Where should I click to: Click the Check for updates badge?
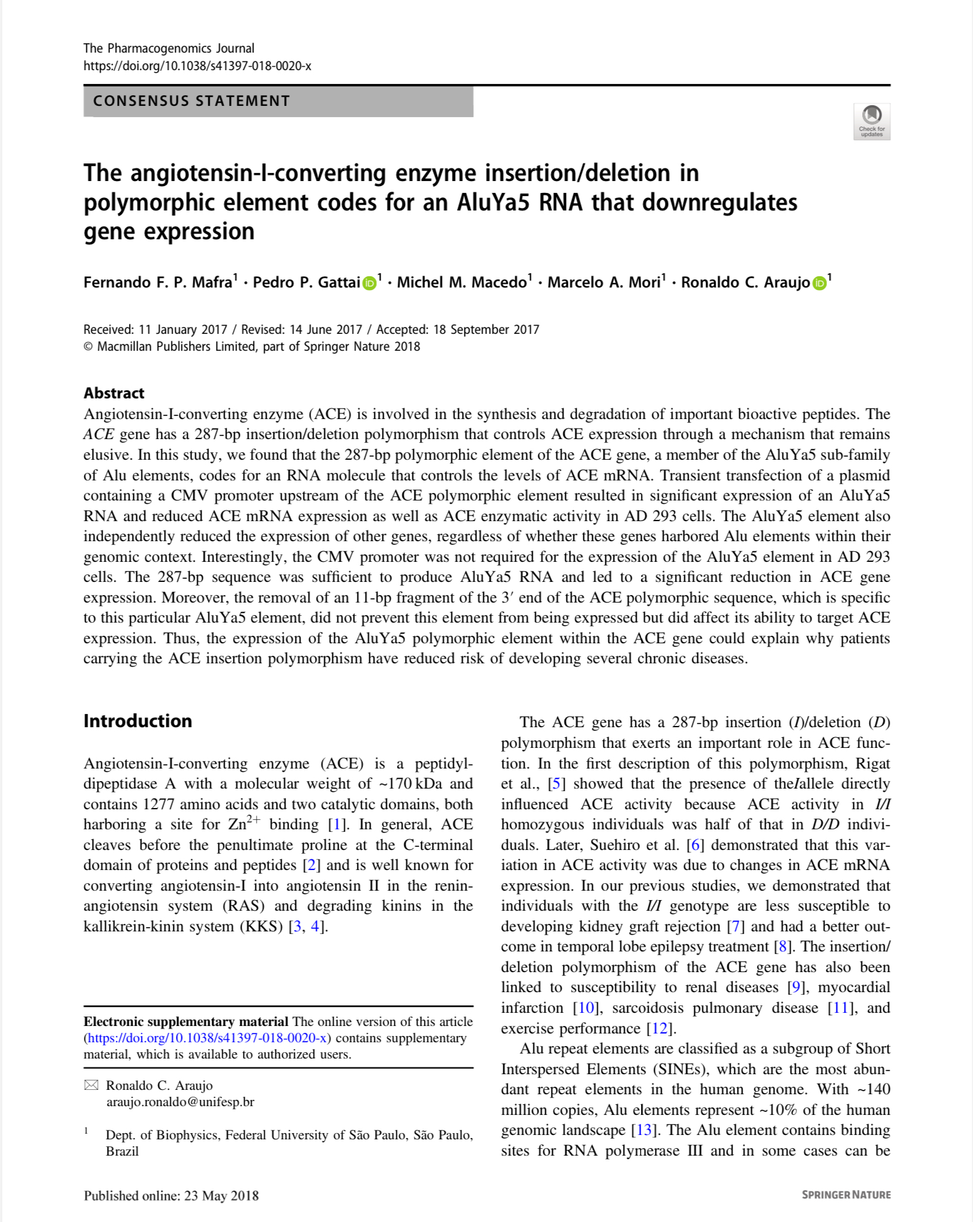tap(871, 122)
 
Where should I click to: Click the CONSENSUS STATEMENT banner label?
tap(192, 101)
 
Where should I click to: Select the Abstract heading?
tap(114, 393)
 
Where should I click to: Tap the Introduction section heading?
tap(138, 721)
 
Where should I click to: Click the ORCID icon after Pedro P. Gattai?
tap(369, 283)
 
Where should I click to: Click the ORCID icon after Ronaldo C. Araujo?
tap(819, 283)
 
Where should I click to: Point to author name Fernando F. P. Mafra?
tap(158, 282)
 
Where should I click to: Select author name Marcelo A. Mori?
tap(604, 282)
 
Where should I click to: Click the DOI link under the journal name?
tap(197, 66)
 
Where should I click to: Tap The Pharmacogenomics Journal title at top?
tap(168, 48)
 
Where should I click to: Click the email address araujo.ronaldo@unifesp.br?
tap(180, 1102)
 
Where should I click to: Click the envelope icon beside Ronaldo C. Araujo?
tap(91, 1085)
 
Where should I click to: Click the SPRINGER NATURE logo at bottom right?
tap(846, 1195)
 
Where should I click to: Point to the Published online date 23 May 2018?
tap(221, 1196)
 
